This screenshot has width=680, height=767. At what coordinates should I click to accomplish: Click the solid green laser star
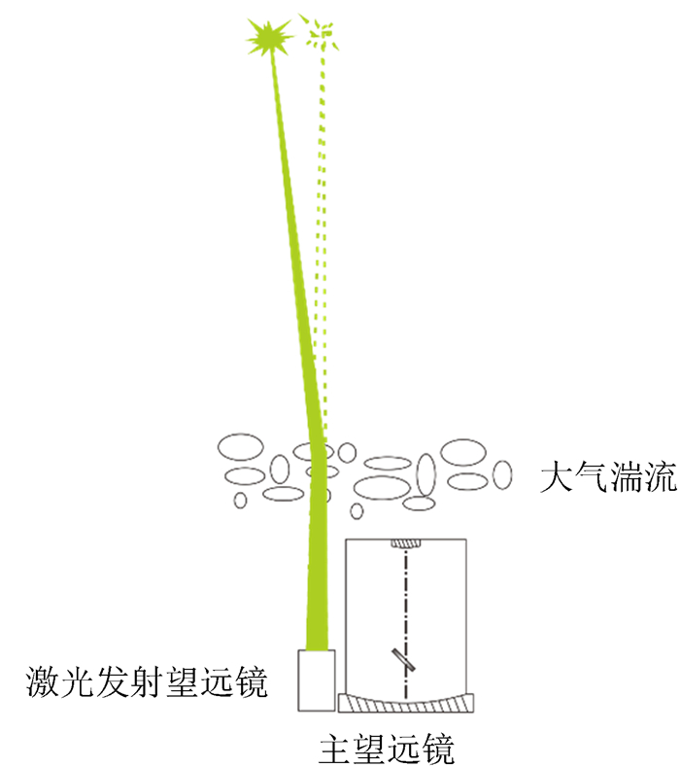click(269, 38)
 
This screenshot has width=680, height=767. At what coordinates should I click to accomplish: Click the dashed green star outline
click(319, 35)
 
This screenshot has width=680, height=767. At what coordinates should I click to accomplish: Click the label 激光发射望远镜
click(147, 682)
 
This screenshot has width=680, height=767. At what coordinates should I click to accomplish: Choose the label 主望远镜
click(386, 749)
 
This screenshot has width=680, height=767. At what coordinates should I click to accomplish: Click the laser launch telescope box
click(316, 680)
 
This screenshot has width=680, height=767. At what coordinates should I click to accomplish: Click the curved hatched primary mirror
click(408, 701)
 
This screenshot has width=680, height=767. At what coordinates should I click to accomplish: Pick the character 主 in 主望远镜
click(335, 749)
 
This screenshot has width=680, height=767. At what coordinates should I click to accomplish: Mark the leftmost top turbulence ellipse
click(240, 448)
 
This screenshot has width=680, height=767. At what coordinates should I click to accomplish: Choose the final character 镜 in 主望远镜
click(437, 749)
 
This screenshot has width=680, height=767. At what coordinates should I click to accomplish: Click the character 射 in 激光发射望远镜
click(147, 682)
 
